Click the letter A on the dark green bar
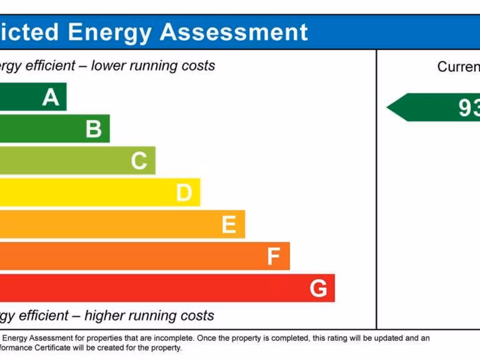(51, 97)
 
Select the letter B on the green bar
(94, 129)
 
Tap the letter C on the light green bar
(139, 161)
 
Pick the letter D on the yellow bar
(184, 193)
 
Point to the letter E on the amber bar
(229, 225)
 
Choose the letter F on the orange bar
(273, 256)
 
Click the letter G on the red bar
(318, 288)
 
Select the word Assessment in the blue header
(234, 32)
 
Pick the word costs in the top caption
(199, 66)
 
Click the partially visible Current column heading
(458, 67)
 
